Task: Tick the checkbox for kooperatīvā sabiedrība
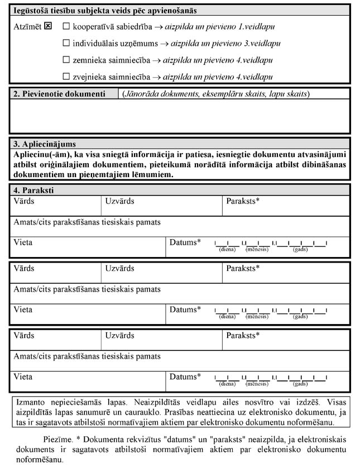pos(66,26)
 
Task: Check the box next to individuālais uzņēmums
pos(66,43)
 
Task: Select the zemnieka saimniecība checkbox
pos(66,60)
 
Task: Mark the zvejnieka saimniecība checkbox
pos(66,77)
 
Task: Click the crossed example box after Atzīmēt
pos(48,26)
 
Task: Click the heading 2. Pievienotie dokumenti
pos(59,94)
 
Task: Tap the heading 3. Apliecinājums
pos(45,144)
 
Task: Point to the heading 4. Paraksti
pos(33,191)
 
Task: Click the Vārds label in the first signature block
pos(24,200)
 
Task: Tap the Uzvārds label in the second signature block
pos(119,269)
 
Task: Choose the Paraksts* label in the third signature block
pos(243,336)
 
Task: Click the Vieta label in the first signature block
pos(23,242)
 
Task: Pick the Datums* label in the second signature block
pos(185,310)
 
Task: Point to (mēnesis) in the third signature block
pos(257,384)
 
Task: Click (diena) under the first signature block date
pos(227,249)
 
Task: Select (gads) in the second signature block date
pos(300,317)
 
